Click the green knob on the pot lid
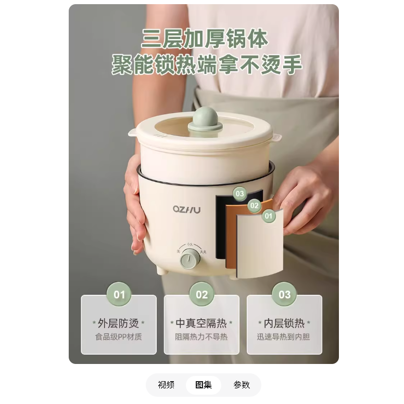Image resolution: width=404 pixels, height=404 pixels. point(205,119)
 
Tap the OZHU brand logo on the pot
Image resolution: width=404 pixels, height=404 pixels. point(187,209)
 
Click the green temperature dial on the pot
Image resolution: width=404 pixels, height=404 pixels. point(190,258)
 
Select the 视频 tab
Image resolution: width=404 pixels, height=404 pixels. point(166,385)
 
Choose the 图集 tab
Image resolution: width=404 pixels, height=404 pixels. point(204,385)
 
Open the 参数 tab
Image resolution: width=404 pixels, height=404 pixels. point(242,385)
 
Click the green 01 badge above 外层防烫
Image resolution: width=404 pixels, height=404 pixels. point(119,294)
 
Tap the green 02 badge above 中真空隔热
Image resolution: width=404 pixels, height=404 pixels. point(202,294)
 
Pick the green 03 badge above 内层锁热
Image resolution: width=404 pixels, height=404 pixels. point(285,294)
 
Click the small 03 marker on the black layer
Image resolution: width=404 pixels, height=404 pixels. point(239,194)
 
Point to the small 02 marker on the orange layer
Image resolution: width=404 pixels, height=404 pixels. point(255,205)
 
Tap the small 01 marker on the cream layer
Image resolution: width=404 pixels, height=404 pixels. point(269,216)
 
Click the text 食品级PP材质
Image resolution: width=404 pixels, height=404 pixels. point(119,337)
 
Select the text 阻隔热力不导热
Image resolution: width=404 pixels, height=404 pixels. point(201,337)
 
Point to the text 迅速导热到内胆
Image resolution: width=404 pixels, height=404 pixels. point(283,337)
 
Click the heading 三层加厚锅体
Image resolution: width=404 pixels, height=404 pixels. point(205,38)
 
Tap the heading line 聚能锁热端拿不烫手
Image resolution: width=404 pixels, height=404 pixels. point(207,64)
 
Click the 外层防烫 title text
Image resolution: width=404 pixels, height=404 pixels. point(118,323)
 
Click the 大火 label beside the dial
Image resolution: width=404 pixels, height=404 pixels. point(203,252)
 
